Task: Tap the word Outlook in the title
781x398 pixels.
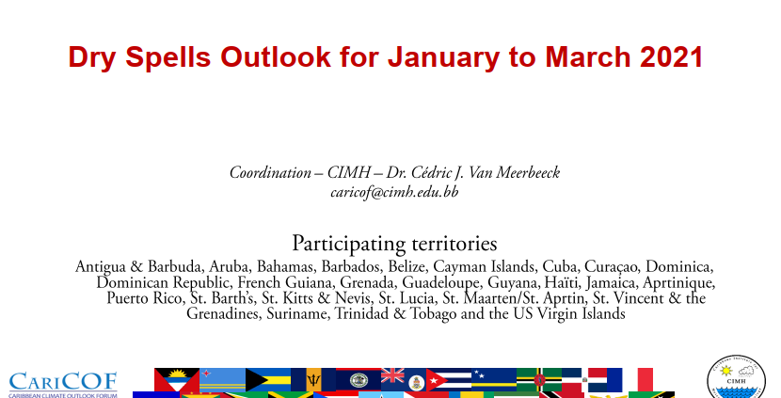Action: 276,56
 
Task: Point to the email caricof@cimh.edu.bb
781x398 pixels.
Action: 394,192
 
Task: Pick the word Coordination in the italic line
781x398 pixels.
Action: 270,172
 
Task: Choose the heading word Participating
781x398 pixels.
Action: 349,244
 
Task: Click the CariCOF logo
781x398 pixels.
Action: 63,385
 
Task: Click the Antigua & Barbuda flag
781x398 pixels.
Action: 177,379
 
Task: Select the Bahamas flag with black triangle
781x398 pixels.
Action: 268,379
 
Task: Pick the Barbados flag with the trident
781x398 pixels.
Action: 313,379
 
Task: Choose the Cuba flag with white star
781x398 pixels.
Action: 449,379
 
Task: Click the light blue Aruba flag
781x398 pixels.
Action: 222,379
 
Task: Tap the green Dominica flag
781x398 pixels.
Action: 539,379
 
